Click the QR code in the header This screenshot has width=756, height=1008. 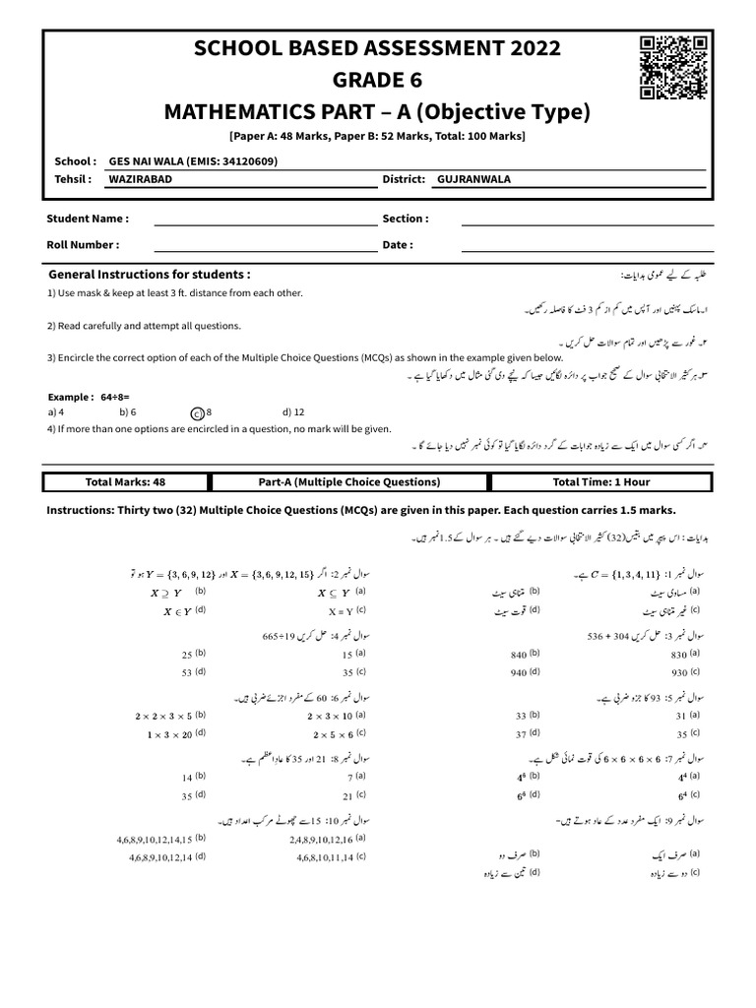pos(674,67)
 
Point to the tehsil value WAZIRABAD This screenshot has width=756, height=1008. pos(138,179)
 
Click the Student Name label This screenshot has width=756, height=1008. pos(88,219)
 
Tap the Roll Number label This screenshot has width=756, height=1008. pos(83,245)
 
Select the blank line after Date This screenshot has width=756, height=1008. pos(585,245)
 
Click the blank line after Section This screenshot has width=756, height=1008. pos(585,219)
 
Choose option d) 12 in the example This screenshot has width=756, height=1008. pos(293,412)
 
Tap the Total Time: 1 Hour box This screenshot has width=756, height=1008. pos(600,482)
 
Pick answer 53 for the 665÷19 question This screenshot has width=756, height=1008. pos(187,672)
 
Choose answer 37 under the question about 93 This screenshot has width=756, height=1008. pos(522,733)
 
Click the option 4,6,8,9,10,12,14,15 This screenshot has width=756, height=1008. pos(157,838)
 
